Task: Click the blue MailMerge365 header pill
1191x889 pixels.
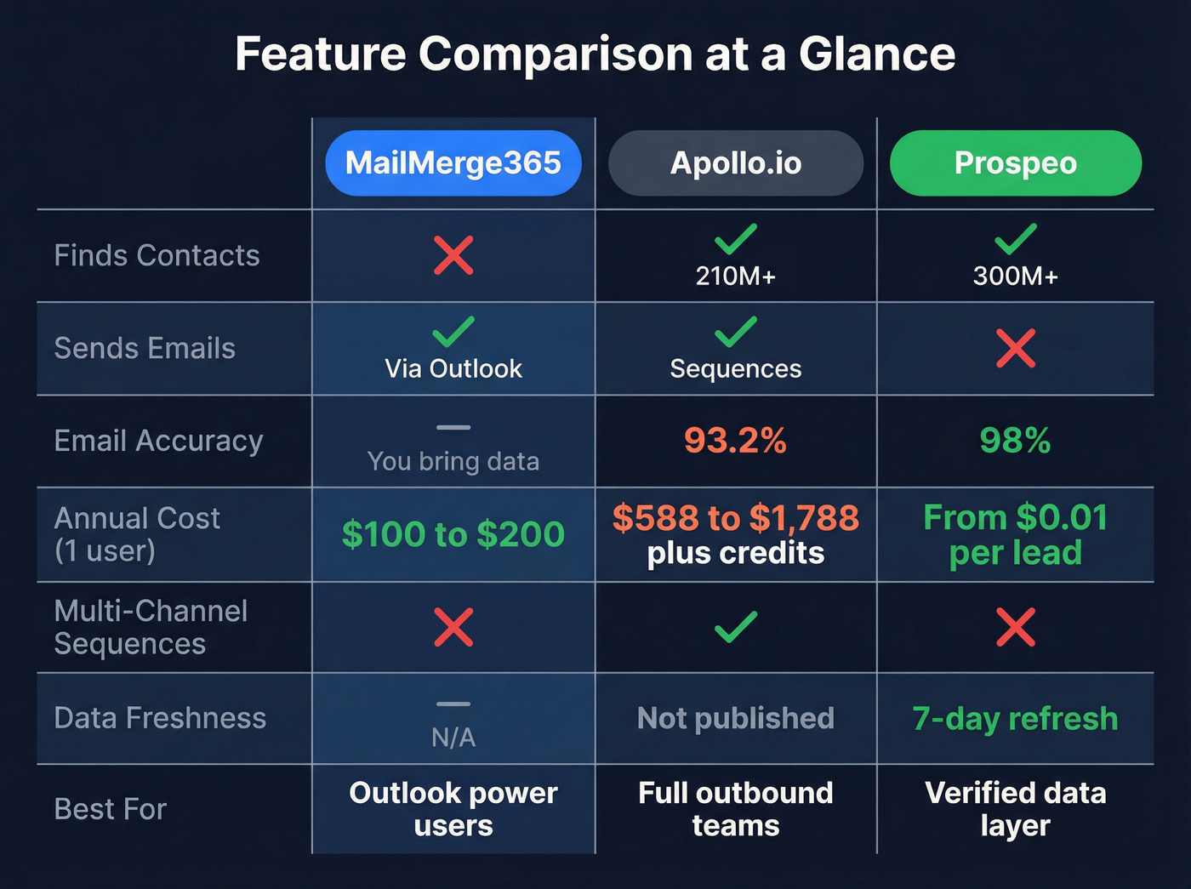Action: (453, 163)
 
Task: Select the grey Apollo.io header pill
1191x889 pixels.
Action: (736, 163)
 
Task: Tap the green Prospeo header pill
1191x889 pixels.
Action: (1016, 163)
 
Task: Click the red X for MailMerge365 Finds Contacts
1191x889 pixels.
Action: (453, 255)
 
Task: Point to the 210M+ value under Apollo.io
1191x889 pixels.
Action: (736, 276)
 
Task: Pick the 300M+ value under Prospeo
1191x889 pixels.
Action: (1016, 276)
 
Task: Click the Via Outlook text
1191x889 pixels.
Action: (453, 369)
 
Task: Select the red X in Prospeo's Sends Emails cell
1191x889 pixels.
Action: (1016, 348)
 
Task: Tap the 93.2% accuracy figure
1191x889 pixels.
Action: (736, 441)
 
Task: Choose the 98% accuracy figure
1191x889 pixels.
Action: (1016, 441)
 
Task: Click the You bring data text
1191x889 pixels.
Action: (453, 461)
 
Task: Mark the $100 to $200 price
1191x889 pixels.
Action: (453, 534)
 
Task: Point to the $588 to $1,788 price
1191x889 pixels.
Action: (736, 518)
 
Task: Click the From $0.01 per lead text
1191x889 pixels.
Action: (1016, 534)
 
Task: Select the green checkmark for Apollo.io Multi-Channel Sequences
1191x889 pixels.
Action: (736, 627)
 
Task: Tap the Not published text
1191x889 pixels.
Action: (736, 719)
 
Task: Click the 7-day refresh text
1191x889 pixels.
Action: (1016, 719)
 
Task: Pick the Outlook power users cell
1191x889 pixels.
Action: (453, 809)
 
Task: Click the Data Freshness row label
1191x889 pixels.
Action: (160, 719)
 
